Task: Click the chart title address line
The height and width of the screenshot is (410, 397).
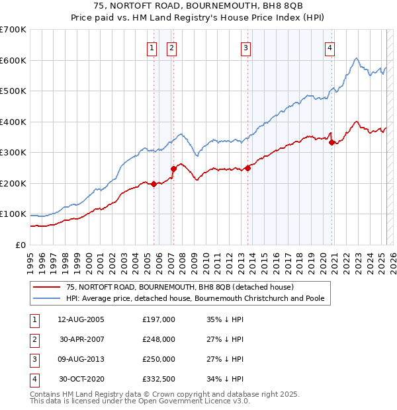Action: (198, 8)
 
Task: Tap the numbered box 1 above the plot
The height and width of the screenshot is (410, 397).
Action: (152, 47)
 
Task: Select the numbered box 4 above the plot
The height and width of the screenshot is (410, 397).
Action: (329, 47)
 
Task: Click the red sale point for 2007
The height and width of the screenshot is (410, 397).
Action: (174, 169)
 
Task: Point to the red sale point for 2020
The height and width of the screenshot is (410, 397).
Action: (331, 142)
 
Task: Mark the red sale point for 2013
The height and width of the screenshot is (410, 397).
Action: (247, 168)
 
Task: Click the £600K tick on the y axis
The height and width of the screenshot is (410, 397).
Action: (13, 60)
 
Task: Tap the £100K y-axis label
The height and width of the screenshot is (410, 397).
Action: (13, 214)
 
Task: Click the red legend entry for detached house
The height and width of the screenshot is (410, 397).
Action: (175, 287)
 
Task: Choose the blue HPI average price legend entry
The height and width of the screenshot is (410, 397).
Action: (195, 298)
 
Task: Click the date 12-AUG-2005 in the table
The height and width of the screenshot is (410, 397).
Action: (81, 319)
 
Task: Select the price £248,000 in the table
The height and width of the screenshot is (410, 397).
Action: (159, 339)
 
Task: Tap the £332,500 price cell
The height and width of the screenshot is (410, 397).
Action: (159, 379)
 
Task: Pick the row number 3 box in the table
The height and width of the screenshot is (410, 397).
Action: (33, 359)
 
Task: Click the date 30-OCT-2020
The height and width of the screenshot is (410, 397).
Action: (81, 379)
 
